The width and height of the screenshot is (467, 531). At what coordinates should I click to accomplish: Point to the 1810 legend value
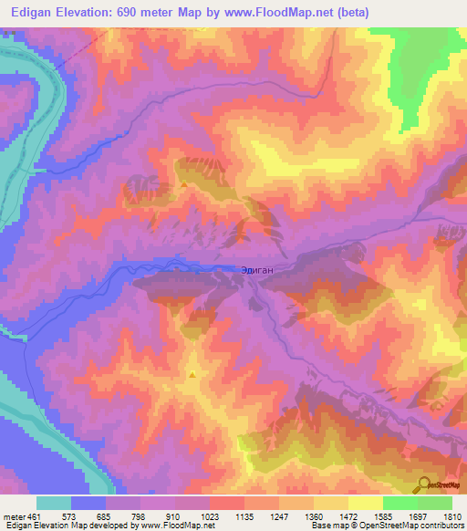point(452,515)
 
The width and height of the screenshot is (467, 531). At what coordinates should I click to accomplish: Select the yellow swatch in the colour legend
point(366,503)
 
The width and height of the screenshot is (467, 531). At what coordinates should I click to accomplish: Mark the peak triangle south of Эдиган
point(192,374)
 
